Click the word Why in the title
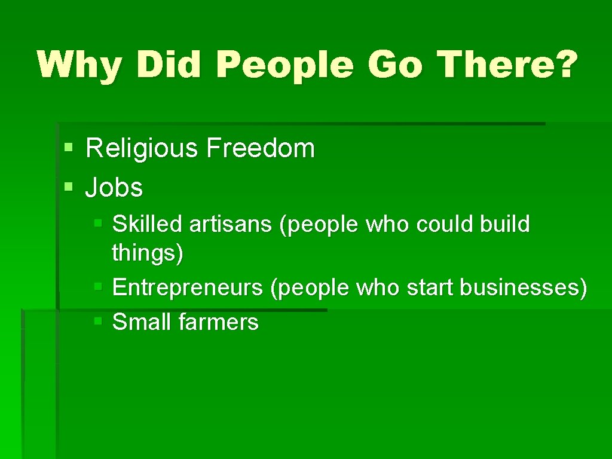pos(79,65)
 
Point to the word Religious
pos(142,148)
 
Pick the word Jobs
pos(114,188)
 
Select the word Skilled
pos(147,224)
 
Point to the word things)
pos(148,253)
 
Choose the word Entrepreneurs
pos(188,288)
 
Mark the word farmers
pos(218,323)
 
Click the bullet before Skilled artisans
pos(99,223)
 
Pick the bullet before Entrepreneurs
pos(99,287)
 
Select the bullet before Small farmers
pos(99,322)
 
